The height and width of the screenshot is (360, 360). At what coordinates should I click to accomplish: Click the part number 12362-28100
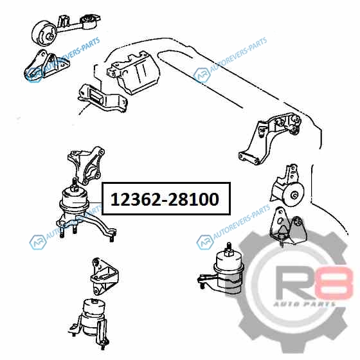pos(165,199)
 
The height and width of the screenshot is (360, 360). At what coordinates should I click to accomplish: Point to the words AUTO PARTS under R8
pos(304,304)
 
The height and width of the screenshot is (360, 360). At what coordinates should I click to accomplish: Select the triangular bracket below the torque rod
pos(46,64)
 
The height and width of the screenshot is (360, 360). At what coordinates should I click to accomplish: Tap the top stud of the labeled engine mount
pos(75,184)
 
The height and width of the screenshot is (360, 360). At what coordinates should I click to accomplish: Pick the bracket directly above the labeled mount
pos(86,165)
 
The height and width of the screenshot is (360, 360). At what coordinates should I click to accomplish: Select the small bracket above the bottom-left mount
pos(104,276)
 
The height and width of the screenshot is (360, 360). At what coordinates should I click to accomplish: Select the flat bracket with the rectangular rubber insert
pos(102,99)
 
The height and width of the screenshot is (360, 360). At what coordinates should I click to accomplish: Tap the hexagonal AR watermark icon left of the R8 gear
pos(204,242)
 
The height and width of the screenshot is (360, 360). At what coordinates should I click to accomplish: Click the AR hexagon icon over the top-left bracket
pos(35,75)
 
